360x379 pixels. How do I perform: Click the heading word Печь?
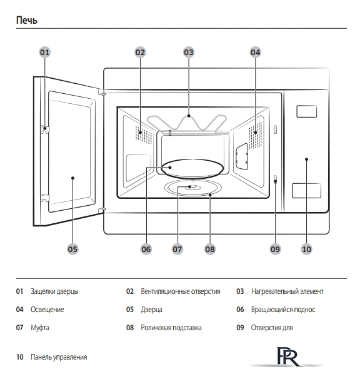[x=27, y=20]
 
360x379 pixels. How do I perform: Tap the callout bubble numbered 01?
[x=44, y=52]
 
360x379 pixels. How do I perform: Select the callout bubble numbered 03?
[x=189, y=52]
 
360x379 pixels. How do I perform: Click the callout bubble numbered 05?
[x=72, y=249]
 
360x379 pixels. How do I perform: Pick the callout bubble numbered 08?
[x=210, y=249]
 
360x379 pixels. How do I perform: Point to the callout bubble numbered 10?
[x=307, y=249]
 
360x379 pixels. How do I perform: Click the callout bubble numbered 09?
[x=275, y=249]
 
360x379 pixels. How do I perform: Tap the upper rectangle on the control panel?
[x=306, y=111]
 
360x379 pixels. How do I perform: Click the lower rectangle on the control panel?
[x=306, y=191]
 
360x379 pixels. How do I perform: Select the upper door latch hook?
[x=45, y=129]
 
